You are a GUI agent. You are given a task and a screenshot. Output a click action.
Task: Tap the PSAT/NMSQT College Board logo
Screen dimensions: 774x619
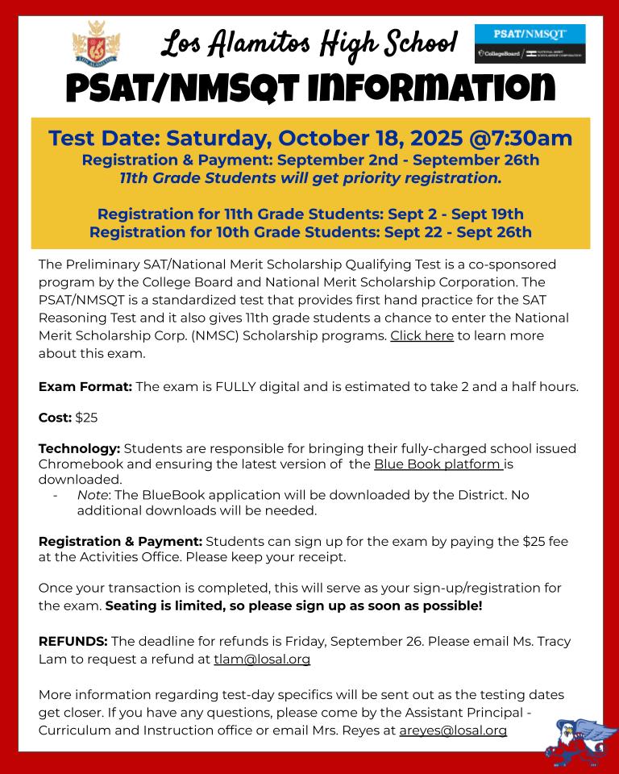530,44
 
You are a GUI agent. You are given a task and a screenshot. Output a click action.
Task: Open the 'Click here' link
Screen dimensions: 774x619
422,335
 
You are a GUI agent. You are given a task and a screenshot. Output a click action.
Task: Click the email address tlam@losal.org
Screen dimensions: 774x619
262,659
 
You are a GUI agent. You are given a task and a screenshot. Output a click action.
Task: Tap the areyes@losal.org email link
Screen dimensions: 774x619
453,730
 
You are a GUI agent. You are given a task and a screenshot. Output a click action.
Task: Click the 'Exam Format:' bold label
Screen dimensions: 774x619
85,386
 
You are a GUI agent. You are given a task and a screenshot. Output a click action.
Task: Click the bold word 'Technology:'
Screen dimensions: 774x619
80,448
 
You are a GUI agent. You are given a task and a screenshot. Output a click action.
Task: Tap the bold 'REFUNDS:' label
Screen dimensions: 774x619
73,641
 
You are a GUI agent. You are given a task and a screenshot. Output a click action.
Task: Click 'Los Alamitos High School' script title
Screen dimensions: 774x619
309,43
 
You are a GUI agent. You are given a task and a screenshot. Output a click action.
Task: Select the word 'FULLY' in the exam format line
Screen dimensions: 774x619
236,386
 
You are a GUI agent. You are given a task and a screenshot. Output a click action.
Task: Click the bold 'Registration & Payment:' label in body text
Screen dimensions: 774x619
120,541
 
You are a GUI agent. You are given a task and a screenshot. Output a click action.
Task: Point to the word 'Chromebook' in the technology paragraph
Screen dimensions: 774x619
79,464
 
